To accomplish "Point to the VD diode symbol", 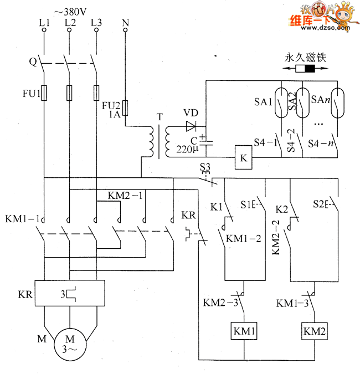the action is tap(191, 126).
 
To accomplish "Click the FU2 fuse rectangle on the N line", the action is tap(125, 108).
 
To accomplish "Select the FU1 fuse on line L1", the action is tap(44, 93).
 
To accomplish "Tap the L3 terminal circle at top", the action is tap(96, 30).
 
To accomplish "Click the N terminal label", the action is tap(126, 23).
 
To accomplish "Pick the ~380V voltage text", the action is tap(70, 12).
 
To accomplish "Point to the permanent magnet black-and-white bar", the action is tap(305, 69).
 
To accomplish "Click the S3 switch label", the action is tap(205, 167).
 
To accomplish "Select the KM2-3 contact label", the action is tap(220, 303).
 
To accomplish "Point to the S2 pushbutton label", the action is tap(319, 204).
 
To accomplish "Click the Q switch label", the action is tap(33, 62).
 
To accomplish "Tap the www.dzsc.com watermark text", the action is tap(326, 28).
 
